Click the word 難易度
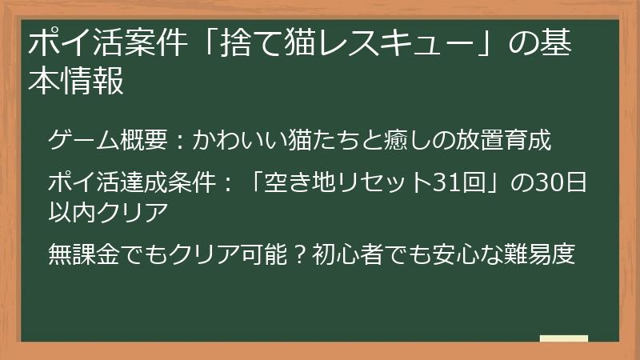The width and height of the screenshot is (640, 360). click(x=543, y=256)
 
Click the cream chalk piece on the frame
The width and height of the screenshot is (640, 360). click(x=565, y=338)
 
